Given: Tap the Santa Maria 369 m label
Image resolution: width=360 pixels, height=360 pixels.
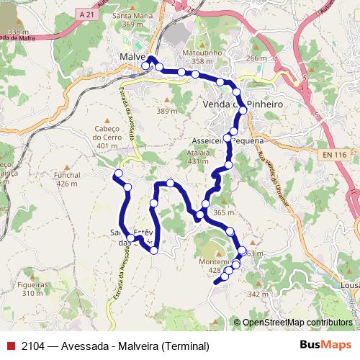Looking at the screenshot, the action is pyautogui.click(x=132, y=19).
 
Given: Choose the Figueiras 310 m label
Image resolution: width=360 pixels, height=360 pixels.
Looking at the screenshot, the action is pyautogui.click(x=32, y=289).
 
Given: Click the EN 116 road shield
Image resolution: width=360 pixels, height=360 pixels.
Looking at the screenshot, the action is pyautogui.click(x=335, y=156).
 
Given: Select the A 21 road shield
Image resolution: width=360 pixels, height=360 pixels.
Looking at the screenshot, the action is pyautogui.click(x=86, y=14).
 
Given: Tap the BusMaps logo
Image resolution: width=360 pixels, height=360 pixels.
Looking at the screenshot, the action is pyautogui.click(x=325, y=346).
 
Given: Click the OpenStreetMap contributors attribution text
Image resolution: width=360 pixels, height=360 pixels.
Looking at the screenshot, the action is pyautogui.click(x=297, y=322).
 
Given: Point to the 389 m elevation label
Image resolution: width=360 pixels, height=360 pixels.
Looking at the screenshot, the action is pyautogui.click(x=166, y=111).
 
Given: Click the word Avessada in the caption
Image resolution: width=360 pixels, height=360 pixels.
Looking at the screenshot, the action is pyautogui.click(x=84, y=346).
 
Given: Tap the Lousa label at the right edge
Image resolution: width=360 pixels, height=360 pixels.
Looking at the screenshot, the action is pyautogui.click(x=351, y=284).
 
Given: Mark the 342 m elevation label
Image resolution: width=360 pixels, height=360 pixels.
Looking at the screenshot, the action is pyautogui.click(x=257, y=294).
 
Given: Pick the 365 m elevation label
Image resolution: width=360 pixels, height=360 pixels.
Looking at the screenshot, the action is pyautogui.click(x=224, y=212).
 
